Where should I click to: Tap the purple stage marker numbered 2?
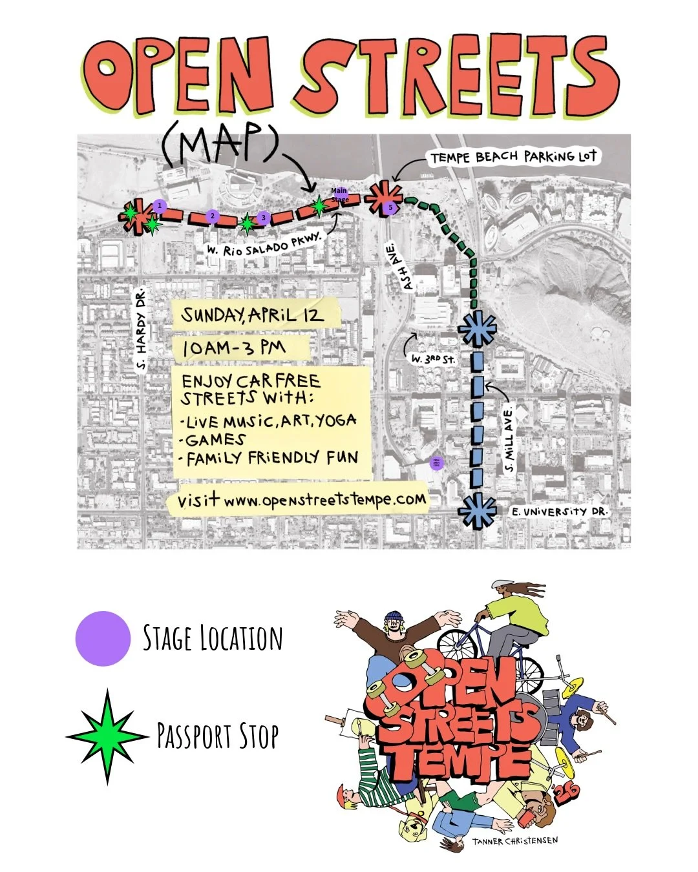tap(214, 217)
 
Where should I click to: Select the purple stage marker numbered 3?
tap(262, 218)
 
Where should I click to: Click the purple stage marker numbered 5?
tap(390, 207)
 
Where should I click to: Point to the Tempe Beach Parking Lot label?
tap(513, 157)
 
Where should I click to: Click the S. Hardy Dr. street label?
tap(142, 330)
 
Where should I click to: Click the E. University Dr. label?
tap(558, 512)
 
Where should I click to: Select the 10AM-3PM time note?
tap(234, 349)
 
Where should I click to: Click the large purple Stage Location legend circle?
tap(103, 638)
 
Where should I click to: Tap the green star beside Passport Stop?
tap(107, 736)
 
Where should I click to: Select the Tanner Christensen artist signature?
tap(514, 841)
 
